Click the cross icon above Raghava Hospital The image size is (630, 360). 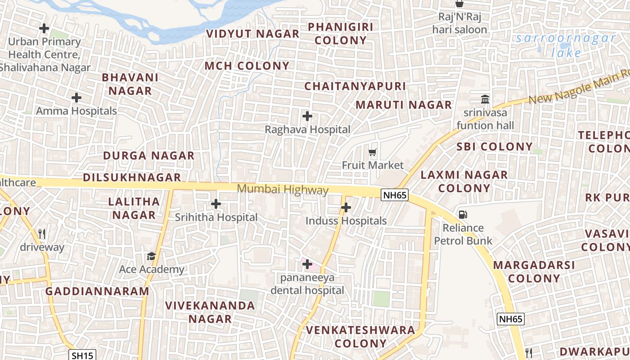(307, 117)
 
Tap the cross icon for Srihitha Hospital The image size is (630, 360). (216, 204)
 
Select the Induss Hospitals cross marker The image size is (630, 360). (346, 207)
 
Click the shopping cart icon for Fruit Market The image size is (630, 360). (372, 153)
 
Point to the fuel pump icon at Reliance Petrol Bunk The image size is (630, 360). (463, 215)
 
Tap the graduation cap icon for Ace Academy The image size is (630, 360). (151, 256)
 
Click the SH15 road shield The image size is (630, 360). (83, 355)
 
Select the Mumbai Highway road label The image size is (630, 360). (283, 189)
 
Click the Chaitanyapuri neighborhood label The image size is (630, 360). (355, 86)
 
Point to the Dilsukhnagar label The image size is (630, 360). (132, 177)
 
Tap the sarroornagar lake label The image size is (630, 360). (566, 45)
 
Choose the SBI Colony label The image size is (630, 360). (495, 147)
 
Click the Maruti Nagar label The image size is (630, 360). (404, 105)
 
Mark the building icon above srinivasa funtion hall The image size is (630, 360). (485, 99)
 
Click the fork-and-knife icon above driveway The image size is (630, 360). (42, 234)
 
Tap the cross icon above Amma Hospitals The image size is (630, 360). (76, 97)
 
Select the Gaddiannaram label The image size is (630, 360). (97, 291)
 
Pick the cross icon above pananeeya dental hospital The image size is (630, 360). (307, 264)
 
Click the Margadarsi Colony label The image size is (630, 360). (534, 271)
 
